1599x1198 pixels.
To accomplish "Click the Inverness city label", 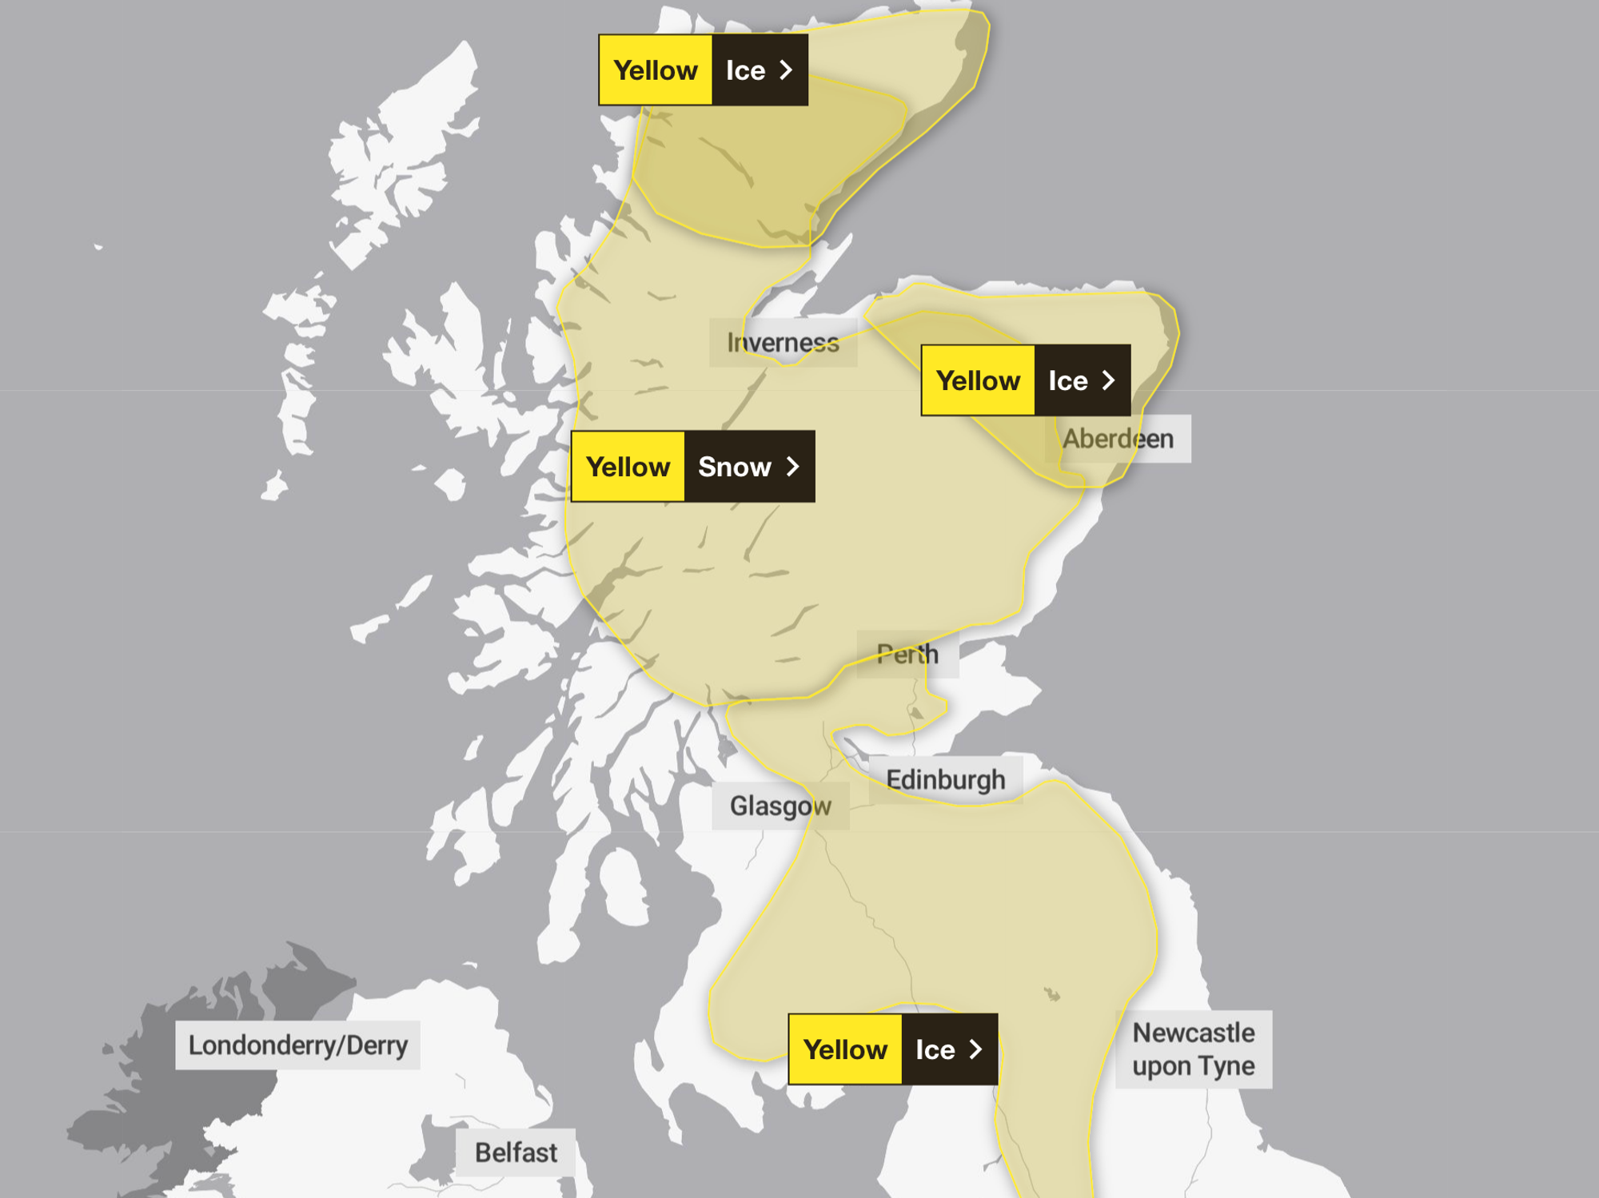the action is [x=783, y=343].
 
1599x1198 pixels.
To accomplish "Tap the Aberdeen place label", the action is [x=1118, y=439].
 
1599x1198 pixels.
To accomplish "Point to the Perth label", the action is [x=907, y=655].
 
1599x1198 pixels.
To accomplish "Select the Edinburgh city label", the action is [x=945, y=779].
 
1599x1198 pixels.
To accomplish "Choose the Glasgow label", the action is [x=780, y=806].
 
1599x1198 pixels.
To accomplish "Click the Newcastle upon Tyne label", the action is [x=1193, y=1049].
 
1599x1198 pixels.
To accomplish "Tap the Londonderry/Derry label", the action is [x=297, y=1045].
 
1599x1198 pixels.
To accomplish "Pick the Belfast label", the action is [x=516, y=1152].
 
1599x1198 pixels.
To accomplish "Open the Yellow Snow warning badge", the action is [x=692, y=467].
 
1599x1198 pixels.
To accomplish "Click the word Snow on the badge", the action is [x=734, y=467].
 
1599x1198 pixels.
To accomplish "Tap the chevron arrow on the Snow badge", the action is [x=793, y=467].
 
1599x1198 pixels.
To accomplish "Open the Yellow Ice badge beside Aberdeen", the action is [x=1025, y=380].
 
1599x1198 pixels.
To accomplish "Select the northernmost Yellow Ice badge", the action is [x=703, y=70].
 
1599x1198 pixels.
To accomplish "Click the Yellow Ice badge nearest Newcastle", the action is [x=892, y=1049].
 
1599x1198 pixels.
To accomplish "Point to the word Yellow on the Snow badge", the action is [x=628, y=467].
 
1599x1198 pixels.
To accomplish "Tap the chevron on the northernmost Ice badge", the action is [x=787, y=70].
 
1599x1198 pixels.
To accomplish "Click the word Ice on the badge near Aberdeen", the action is [x=1067, y=380].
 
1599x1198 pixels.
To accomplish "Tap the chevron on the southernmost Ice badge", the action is [x=975, y=1049].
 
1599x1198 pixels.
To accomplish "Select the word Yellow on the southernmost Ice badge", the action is [x=845, y=1049].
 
